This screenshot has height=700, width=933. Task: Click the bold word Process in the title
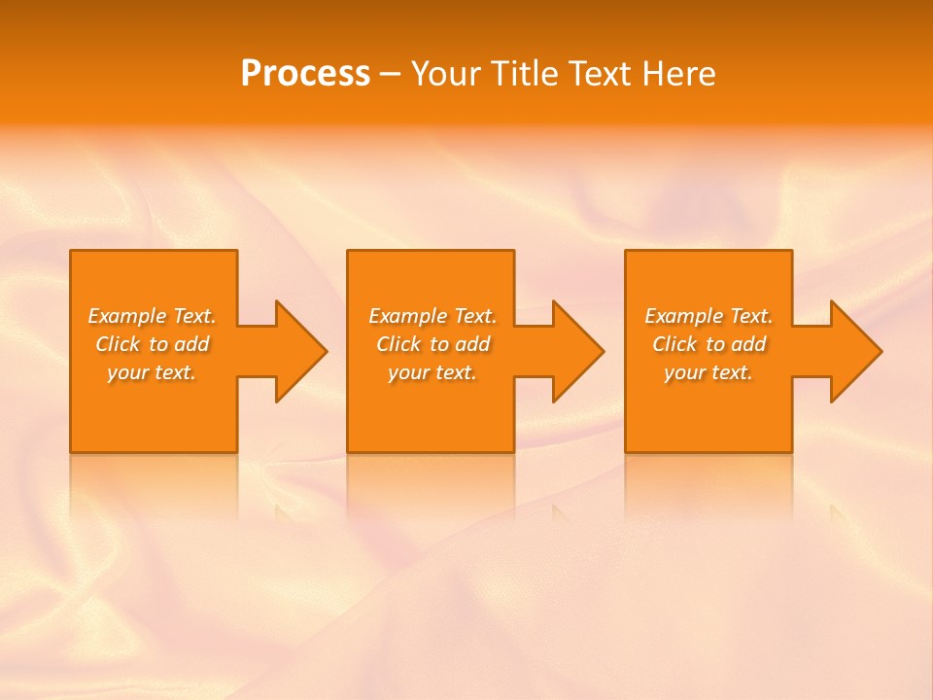[305, 74]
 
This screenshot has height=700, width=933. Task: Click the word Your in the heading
[447, 74]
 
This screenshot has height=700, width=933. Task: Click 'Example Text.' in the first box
[152, 316]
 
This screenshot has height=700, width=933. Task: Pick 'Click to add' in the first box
[152, 344]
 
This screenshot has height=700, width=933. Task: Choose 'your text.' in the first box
[152, 372]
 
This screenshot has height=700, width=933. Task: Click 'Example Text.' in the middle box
[432, 316]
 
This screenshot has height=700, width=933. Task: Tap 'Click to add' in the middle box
[432, 344]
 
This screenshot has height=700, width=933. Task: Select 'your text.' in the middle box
[432, 372]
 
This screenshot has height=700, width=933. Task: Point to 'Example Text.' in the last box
[708, 316]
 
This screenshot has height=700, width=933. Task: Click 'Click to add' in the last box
[708, 344]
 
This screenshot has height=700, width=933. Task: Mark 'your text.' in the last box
[708, 372]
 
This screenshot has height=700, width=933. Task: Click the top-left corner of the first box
[72, 252]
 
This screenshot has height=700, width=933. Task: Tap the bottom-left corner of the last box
[627, 450]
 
